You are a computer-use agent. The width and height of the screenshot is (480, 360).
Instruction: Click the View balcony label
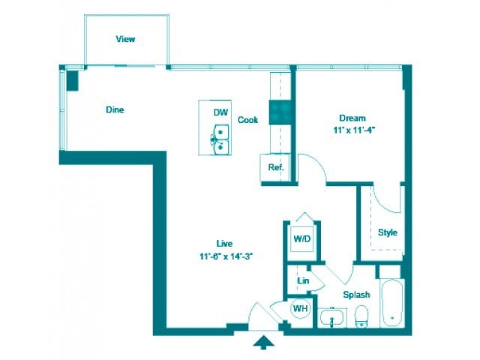pos(125,39)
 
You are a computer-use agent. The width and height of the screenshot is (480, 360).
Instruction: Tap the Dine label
pos(114,110)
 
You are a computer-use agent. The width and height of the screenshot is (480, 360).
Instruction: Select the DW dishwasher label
pos(220,112)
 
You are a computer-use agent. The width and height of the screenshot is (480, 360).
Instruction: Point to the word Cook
pos(248,120)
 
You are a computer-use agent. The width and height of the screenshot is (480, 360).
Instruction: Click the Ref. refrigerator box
pos(275,167)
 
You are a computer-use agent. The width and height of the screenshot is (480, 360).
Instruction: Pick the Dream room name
pos(352,118)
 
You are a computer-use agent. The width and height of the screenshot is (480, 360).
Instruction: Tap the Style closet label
pos(387,232)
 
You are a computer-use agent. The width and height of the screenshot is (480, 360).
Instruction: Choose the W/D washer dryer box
pos(301,239)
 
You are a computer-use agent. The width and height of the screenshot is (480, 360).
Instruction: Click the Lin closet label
pos(303,281)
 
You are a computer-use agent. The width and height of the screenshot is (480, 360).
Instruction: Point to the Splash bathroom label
pos(356,295)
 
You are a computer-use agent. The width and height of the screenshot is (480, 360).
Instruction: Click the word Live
pos(224,244)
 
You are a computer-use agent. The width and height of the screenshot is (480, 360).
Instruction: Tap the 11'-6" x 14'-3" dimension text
pos(224,256)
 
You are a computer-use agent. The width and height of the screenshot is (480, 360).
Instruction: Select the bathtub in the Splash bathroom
pos(392,304)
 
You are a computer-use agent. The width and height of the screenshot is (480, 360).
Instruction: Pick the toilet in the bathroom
pos(361,316)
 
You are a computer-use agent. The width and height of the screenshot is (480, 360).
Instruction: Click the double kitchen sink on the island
pos(220,139)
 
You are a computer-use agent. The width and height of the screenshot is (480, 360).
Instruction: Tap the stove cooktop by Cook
pos(280,112)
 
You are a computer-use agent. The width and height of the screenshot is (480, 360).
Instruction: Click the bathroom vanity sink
pos(330,319)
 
